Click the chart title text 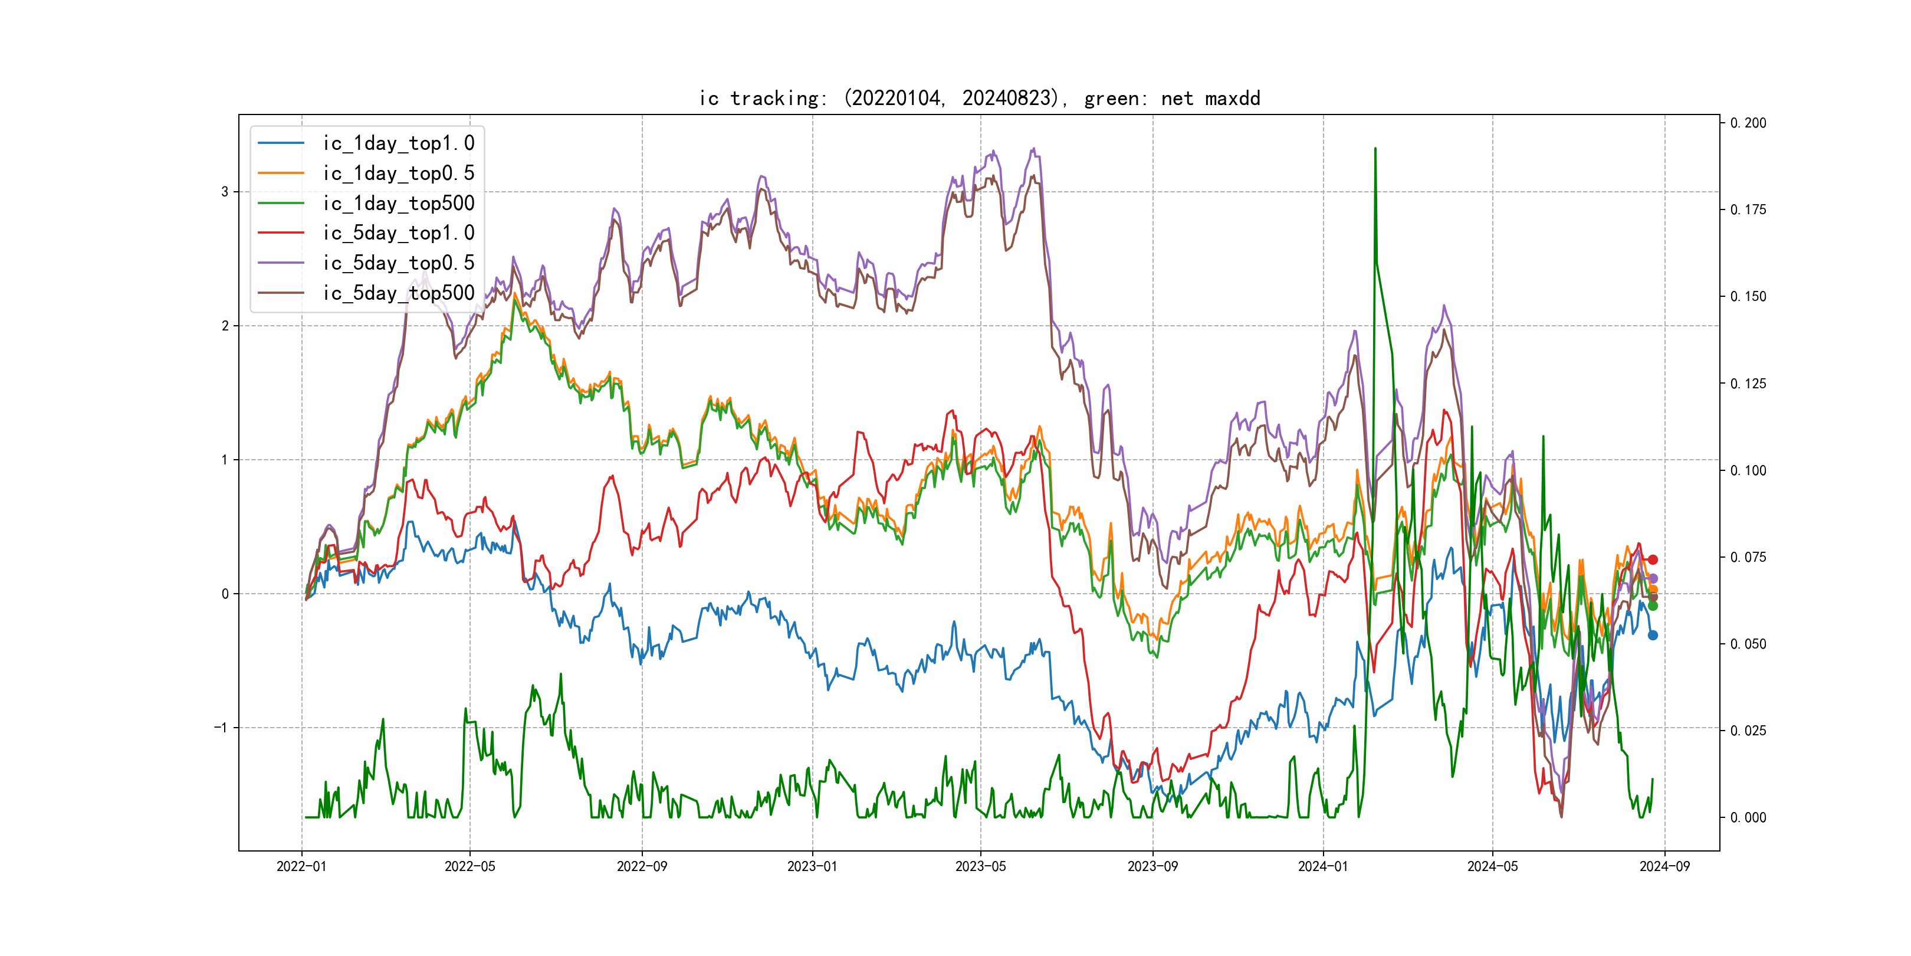click(979, 98)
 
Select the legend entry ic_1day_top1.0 click(398, 143)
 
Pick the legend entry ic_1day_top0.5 click(398, 173)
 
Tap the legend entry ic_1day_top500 click(398, 204)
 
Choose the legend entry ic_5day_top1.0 click(398, 233)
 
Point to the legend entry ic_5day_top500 click(398, 293)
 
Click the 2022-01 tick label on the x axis click(301, 866)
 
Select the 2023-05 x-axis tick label click(981, 866)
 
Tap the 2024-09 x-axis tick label click(1664, 866)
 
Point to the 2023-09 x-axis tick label click(1152, 866)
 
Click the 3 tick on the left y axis click(225, 192)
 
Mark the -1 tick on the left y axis click(221, 728)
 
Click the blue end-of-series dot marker click(1653, 636)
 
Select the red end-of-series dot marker click(1653, 559)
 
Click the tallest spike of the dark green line click(1375, 149)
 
